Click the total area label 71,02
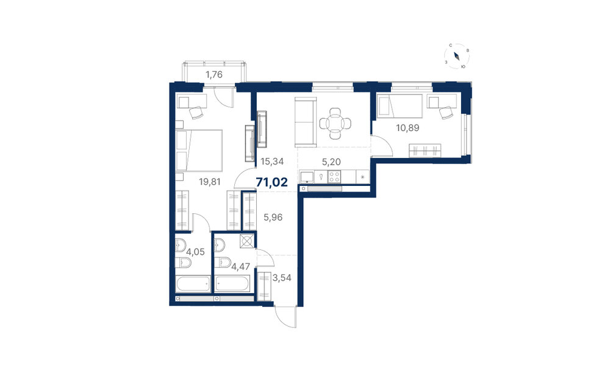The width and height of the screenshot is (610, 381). (272, 182)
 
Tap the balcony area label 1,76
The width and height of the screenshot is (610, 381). (214, 74)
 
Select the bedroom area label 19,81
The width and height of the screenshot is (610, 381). (210, 181)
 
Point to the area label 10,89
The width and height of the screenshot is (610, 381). (407, 127)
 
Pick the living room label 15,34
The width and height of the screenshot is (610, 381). (272, 161)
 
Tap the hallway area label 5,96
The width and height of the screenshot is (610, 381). (273, 218)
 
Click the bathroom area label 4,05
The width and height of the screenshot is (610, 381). (195, 252)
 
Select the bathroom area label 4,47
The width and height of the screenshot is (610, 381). (240, 266)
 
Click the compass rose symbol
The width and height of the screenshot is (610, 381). (457, 56)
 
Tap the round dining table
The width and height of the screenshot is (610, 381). (335, 124)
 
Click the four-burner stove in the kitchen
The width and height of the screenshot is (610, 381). (334, 177)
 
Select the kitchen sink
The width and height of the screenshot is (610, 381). (307, 177)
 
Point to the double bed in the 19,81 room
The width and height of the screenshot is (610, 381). (199, 151)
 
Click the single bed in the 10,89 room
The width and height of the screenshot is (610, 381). (400, 105)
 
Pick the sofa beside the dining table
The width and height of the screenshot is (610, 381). (304, 122)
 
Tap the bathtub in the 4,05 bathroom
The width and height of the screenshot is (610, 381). (193, 284)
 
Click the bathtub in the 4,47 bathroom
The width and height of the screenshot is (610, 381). (232, 284)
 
